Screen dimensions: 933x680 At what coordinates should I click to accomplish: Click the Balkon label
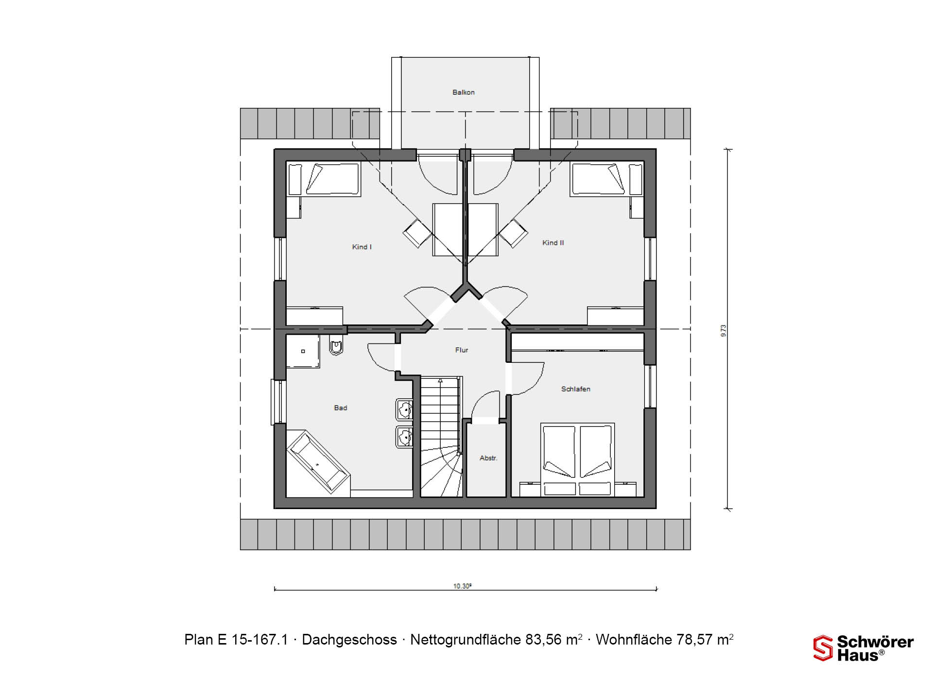(x=463, y=92)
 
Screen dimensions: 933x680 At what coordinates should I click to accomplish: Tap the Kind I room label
(x=362, y=247)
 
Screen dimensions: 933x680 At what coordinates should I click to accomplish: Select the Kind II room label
(x=553, y=242)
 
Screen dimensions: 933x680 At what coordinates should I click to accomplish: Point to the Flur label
(x=462, y=350)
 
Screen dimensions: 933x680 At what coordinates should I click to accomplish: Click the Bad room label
(x=340, y=408)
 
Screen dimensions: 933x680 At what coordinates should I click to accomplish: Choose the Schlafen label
(x=575, y=389)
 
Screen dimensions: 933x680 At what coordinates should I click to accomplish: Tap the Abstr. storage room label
(x=488, y=458)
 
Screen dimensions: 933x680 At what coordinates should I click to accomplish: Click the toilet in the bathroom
(x=336, y=345)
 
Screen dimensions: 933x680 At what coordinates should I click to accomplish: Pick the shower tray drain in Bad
(x=303, y=351)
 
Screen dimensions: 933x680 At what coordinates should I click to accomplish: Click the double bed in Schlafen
(x=578, y=459)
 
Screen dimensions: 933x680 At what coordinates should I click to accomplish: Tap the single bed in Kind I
(x=324, y=180)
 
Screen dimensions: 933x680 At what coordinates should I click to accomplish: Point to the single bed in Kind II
(x=607, y=180)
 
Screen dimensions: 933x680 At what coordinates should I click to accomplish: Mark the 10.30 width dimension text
(x=462, y=586)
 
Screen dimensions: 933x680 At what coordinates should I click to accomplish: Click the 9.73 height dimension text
(x=724, y=330)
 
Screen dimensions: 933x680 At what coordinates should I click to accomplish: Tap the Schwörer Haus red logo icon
(x=823, y=648)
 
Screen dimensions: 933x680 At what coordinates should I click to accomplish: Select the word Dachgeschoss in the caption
(x=349, y=640)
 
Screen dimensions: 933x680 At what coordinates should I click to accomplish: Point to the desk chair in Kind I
(x=417, y=233)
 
